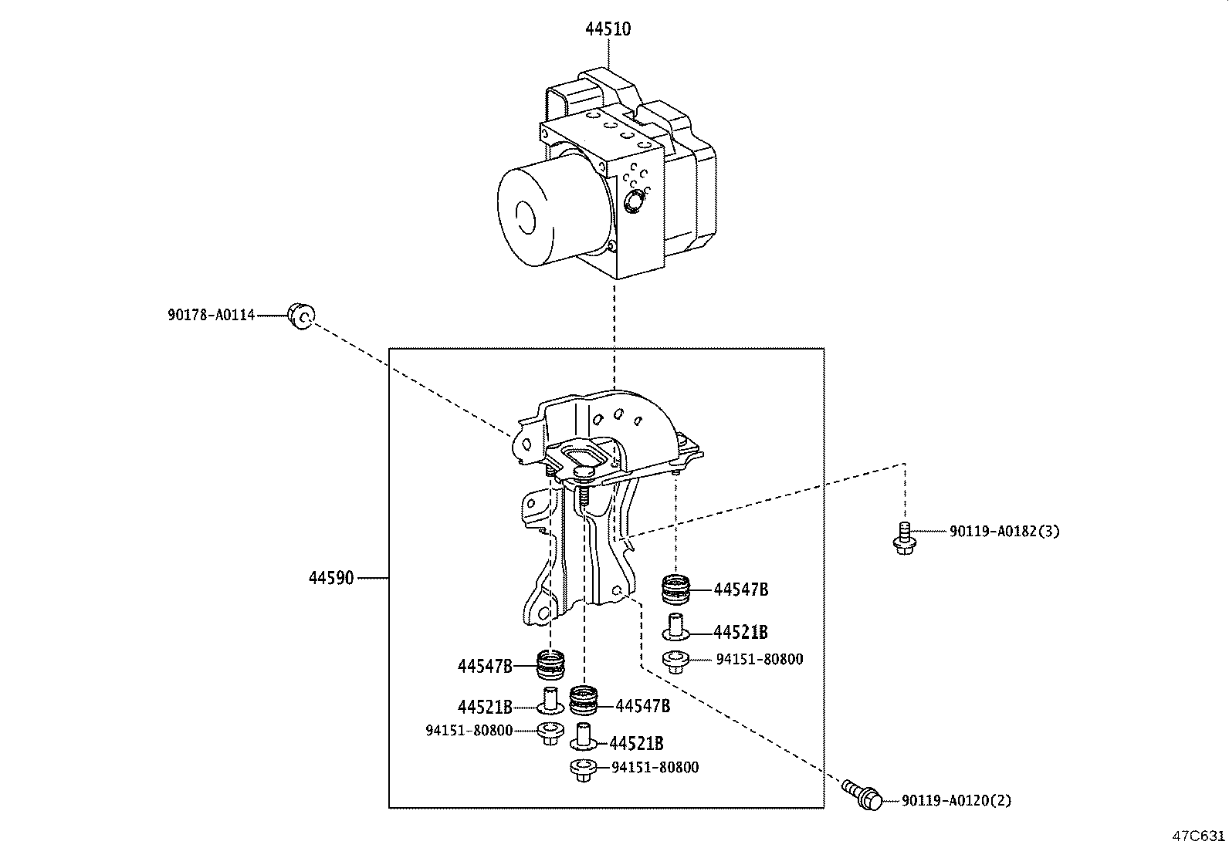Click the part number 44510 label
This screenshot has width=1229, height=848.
coord(608,29)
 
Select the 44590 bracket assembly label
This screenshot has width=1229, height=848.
coord(331,578)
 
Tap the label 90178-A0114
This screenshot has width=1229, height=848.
coord(211,315)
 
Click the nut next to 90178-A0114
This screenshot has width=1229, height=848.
coord(300,315)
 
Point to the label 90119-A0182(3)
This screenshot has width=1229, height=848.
coord(1004,532)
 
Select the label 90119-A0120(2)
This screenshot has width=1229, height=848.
coord(956,801)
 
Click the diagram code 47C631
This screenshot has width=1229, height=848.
coord(1198,836)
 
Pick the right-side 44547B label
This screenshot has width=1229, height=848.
coord(741,590)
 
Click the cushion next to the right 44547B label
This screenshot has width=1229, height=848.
coord(676,590)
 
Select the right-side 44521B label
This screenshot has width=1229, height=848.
coord(740,633)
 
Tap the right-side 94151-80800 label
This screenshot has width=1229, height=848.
coord(759,660)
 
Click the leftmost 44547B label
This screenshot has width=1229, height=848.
coord(485,666)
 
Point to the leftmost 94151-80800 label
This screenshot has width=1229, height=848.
coord(469,730)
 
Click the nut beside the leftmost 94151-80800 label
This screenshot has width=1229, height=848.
coord(550,733)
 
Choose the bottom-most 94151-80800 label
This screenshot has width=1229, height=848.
coord(655,768)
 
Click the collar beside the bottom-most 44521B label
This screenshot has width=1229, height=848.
coord(584,737)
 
